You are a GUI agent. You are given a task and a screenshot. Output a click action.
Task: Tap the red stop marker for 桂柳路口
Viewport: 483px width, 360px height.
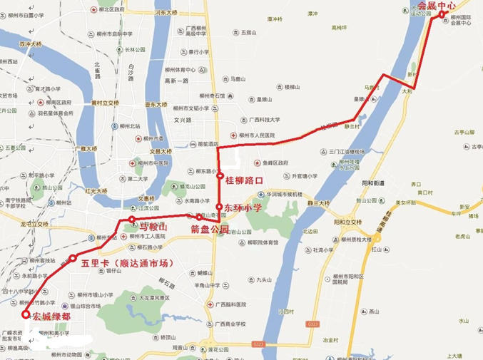(x=220, y=175)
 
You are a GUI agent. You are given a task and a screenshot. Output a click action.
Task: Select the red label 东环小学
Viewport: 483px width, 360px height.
(x=243, y=207)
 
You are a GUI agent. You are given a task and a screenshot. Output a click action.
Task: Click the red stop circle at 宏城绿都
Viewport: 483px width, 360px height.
(x=26, y=314)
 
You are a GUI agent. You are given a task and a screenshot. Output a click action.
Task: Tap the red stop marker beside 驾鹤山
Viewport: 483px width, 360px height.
(x=132, y=220)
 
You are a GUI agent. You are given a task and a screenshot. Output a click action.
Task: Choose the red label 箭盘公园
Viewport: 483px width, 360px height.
(x=209, y=230)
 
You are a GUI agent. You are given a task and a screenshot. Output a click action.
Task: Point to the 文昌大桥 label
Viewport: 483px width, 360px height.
(x=161, y=151)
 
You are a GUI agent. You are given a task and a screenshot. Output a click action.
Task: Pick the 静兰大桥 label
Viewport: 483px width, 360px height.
(x=318, y=203)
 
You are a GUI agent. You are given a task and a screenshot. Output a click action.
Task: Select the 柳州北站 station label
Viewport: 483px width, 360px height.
(x=130, y=126)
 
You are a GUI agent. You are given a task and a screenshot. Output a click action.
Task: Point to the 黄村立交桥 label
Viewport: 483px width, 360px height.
(x=105, y=103)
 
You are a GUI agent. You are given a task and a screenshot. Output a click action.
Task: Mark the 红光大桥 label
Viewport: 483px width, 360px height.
(x=96, y=191)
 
